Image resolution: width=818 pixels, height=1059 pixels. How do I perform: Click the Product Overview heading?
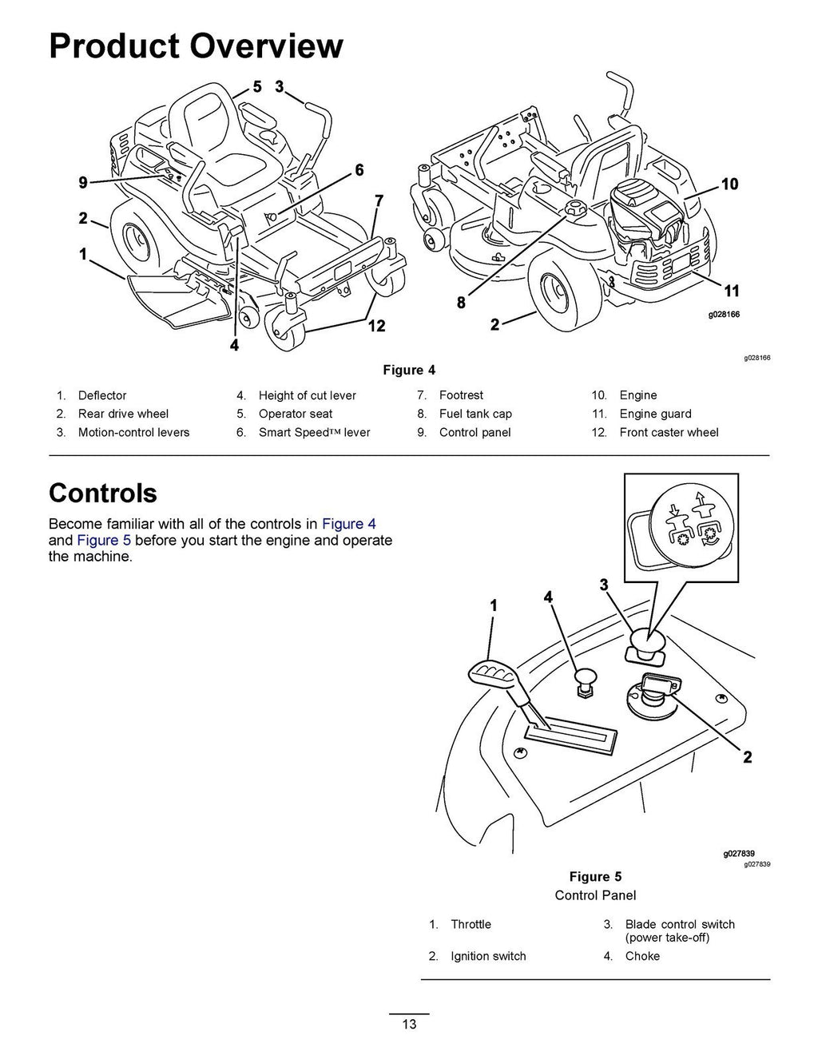(196, 46)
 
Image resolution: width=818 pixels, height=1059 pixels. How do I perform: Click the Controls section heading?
(103, 493)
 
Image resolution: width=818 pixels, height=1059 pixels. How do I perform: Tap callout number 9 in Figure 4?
(83, 183)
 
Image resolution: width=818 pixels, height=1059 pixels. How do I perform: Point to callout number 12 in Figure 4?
(376, 325)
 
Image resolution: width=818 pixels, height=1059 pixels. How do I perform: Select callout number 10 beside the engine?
(729, 184)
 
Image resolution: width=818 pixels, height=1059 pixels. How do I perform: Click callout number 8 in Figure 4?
(461, 303)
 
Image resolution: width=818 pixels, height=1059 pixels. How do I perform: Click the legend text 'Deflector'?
(102, 395)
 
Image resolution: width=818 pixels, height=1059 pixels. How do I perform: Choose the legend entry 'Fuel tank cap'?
(475, 414)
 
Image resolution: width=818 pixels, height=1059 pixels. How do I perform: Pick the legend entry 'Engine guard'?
(655, 414)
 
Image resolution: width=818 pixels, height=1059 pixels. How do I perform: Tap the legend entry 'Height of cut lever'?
(307, 395)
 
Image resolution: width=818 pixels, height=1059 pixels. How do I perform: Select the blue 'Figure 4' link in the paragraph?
(348, 524)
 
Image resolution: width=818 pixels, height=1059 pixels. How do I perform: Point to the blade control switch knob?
(646, 643)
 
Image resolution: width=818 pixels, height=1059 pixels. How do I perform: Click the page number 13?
(409, 1025)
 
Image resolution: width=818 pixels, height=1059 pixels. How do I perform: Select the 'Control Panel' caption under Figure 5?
(595, 895)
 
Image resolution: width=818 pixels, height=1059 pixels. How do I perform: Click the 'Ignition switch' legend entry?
(488, 956)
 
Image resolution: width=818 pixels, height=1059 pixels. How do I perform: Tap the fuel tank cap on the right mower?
(574, 210)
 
